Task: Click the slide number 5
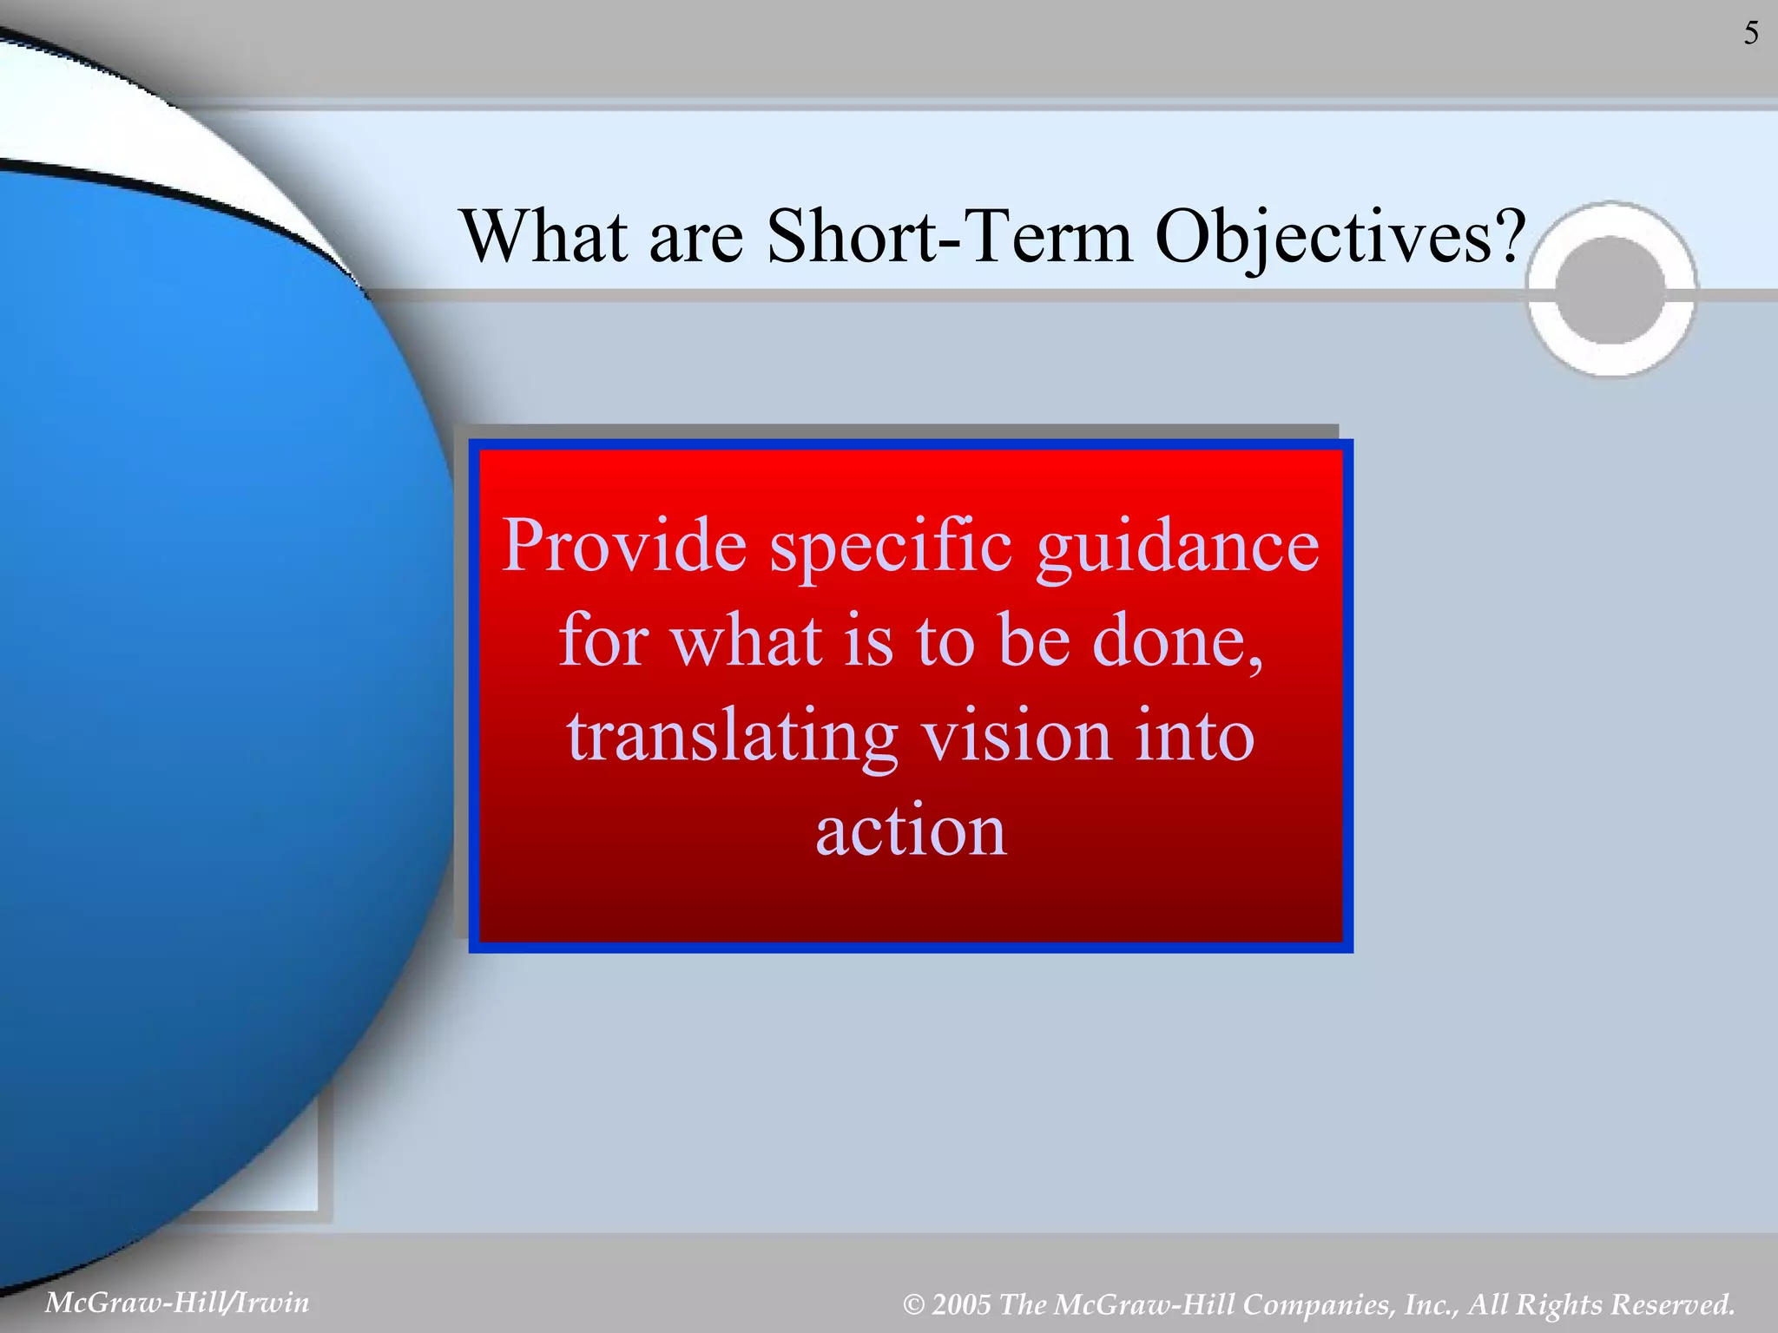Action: (x=1751, y=34)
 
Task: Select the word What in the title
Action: (x=543, y=237)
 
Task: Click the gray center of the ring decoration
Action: (x=1611, y=291)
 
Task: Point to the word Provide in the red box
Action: (x=624, y=546)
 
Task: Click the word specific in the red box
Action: (x=891, y=548)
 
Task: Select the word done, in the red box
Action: (x=1177, y=641)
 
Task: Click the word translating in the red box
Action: (x=732, y=737)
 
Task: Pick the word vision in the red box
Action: (x=1016, y=735)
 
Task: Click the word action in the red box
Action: (x=911, y=831)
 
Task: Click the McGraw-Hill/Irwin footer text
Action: (x=177, y=1303)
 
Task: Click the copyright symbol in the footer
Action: (x=913, y=1305)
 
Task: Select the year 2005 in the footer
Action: (x=961, y=1304)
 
